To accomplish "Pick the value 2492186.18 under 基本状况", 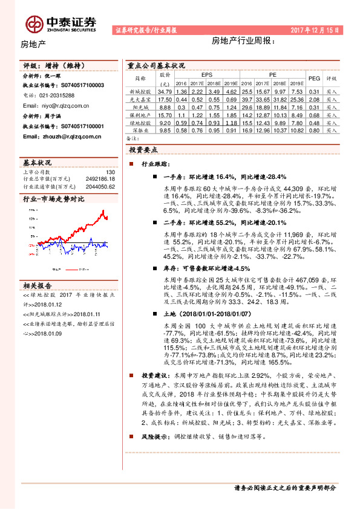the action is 100,179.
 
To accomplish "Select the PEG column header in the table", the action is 314,78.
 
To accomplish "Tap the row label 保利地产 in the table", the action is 140,114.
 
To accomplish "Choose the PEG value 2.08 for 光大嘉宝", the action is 314,99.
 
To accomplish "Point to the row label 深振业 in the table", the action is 140,130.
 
